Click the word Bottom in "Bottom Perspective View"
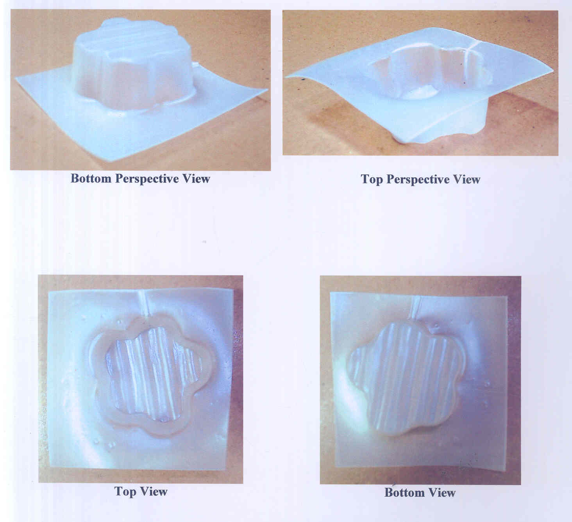pos(91,179)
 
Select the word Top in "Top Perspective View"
pos(372,180)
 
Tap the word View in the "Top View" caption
pos(154,492)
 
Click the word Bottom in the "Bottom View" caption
pos(405,493)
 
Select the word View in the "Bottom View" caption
pos(442,493)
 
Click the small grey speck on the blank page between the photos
pos(204,242)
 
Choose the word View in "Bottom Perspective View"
pos(197,179)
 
